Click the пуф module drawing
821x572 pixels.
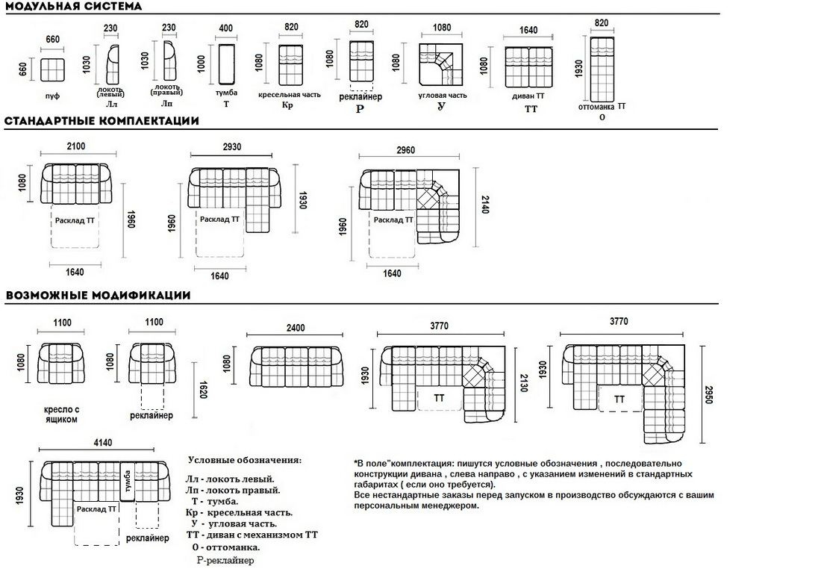[52, 70]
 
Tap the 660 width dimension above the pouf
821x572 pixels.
[52, 40]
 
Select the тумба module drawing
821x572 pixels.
[226, 64]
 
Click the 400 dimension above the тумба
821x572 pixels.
[225, 28]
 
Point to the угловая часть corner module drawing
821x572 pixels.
[440, 64]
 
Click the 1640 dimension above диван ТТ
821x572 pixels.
[528, 31]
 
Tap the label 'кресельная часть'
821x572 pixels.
[290, 96]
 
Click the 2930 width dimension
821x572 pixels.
[232, 148]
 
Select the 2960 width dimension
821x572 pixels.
[405, 150]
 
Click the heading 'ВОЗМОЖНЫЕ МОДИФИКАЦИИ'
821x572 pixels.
[98, 295]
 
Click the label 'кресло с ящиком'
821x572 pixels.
[61, 415]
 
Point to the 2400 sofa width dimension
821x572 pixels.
[296, 329]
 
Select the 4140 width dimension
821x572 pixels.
[103, 443]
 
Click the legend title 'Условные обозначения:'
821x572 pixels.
[246, 460]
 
